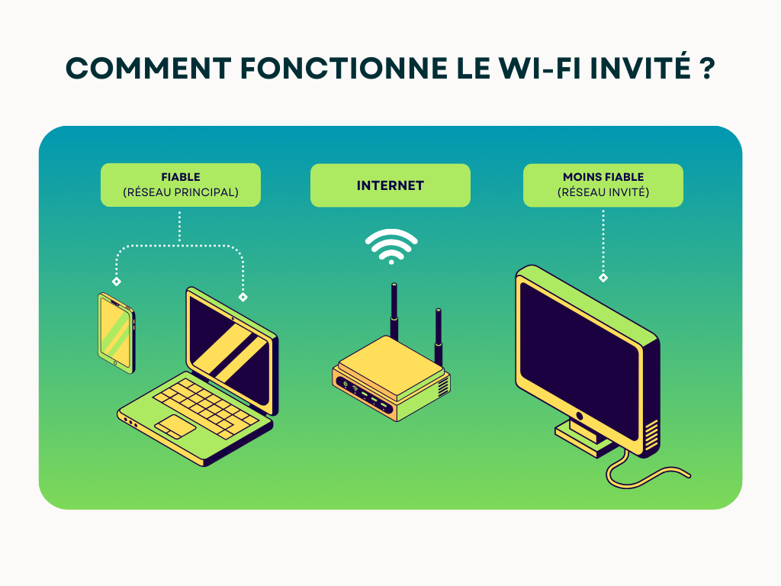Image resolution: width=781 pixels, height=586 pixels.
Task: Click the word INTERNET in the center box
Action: click(x=390, y=185)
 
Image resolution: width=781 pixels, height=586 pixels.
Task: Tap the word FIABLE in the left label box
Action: click(x=181, y=177)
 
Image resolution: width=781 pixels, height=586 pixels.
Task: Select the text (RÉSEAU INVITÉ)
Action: click(x=603, y=192)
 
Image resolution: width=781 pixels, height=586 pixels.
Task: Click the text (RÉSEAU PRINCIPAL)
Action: click(x=181, y=192)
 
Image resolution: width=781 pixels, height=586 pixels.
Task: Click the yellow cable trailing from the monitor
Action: click(x=648, y=477)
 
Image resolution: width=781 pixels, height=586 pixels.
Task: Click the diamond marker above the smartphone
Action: click(x=117, y=282)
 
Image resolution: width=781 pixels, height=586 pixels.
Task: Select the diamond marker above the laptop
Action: click(x=243, y=297)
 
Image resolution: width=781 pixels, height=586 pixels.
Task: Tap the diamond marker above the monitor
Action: click(x=603, y=278)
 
